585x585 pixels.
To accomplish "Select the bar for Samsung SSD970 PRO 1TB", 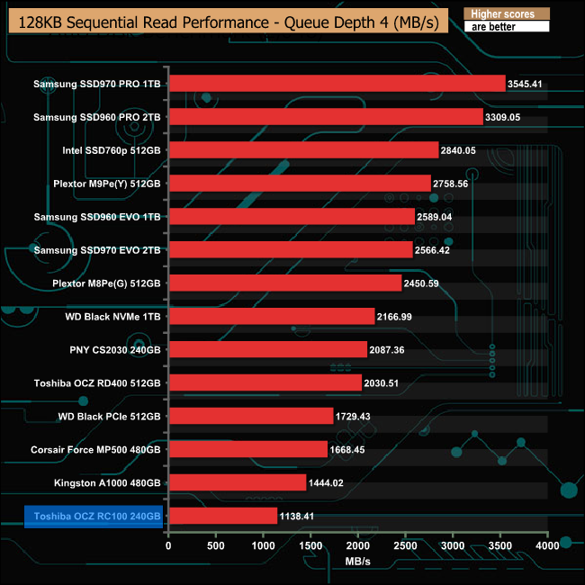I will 337,84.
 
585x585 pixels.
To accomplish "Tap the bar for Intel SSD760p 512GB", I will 303,150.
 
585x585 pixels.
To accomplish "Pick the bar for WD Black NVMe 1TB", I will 271,316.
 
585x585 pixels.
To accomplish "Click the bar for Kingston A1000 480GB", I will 237,482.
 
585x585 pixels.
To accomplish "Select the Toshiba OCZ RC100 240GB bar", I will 222,516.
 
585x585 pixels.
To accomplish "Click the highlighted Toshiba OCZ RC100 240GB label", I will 94,517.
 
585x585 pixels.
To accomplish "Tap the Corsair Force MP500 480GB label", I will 95,449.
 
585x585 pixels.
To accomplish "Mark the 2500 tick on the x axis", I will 405,545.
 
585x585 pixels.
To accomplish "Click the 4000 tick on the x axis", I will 547,545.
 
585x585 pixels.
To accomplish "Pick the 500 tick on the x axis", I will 216,545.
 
